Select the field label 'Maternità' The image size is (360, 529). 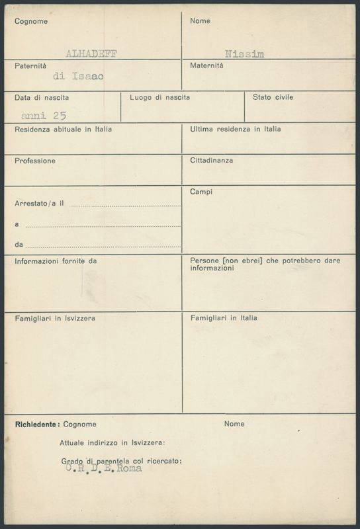tap(206, 65)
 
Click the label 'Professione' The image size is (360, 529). tap(34, 161)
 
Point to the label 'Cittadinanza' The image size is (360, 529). tap(211, 160)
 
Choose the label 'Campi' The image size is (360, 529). tap(201, 192)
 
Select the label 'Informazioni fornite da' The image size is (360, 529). tap(56, 261)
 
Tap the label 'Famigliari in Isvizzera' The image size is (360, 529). tap(55, 318)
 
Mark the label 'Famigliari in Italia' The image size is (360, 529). tap(224, 318)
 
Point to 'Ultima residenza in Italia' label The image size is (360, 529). tap(235, 129)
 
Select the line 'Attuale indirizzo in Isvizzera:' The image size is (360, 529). tap(112, 442)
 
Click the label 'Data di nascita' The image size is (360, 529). tap(42, 98)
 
